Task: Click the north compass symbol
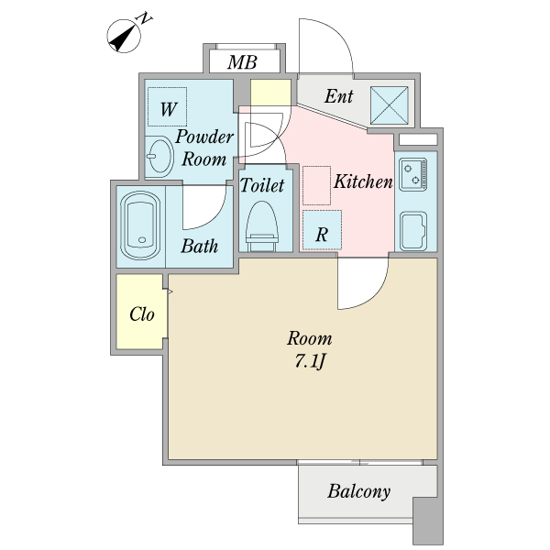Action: (x=124, y=36)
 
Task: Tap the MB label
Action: (x=242, y=62)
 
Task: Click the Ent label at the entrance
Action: (x=338, y=95)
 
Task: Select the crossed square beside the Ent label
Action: (x=390, y=105)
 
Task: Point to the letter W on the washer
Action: (x=169, y=109)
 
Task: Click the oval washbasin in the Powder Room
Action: (x=159, y=156)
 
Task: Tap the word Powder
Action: (x=204, y=137)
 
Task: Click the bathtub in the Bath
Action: (x=140, y=225)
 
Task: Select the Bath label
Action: (x=199, y=246)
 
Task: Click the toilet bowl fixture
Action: (x=261, y=225)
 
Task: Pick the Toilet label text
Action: (x=261, y=185)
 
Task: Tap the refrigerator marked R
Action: (x=322, y=230)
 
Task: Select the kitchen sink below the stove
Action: (x=413, y=231)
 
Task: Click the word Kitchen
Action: (x=363, y=181)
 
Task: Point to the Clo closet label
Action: (x=142, y=314)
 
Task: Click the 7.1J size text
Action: (x=310, y=362)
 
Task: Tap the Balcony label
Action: (x=358, y=491)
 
